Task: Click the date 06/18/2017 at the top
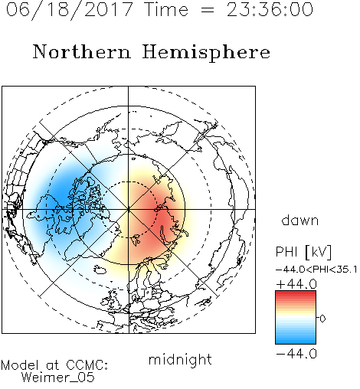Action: pyautogui.click(x=70, y=10)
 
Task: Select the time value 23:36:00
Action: pyautogui.click(x=270, y=9)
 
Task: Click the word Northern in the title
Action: pyautogui.click(x=82, y=52)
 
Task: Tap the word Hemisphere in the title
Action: pyautogui.click(x=206, y=53)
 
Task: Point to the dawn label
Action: pyautogui.click(x=300, y=220)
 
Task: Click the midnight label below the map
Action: pyautogui.click(x=180, y=359)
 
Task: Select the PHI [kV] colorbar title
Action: pyautogui.click(x=303, y=252)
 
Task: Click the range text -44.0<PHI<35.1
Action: pyautogui.click(x=316, y=270)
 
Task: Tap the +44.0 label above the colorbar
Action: pyautogui.click(x=296, y=284)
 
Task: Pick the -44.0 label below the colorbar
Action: pyautogui.click(x=296, y=354)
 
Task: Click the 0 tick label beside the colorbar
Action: pyautogui.click(x=322, y=319)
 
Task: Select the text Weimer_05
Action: pyautogui.click(x=58, y=377)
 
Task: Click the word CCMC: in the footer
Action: pyautogui.click(x=87, y=365)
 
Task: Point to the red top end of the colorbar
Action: pyautogui.click(x=296, y=293)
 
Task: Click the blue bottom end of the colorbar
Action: pyautogui.click(x=296, y=342)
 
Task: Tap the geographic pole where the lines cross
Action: pyautogui.click(x=129, y=209)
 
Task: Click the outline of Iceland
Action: pyautogui.click(x=100, y=269)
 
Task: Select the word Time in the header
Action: pyautogui.click(x=166, y=9)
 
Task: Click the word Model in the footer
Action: pyautogui.click(x=20, y=365)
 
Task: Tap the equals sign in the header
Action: pyautogui.click(x=208, y=10)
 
